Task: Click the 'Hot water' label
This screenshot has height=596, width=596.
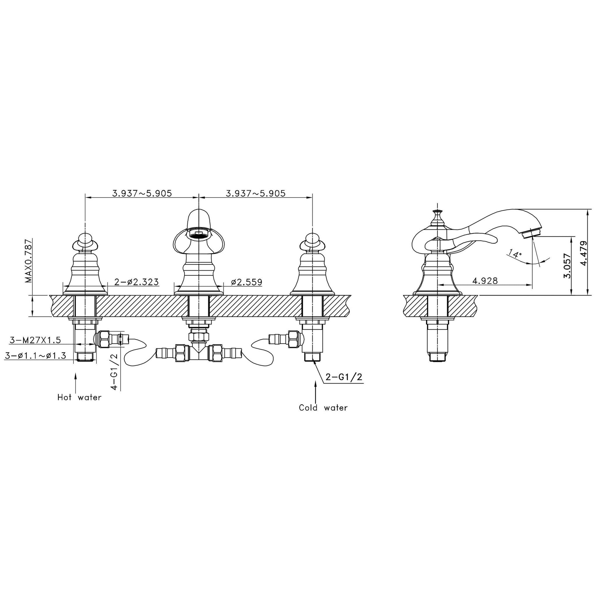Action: (79, 398)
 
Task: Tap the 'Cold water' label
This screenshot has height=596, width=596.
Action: (323, 408)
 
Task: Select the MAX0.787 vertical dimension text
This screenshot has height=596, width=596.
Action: (29, 261)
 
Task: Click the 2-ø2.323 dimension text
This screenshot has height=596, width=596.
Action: (136, 282)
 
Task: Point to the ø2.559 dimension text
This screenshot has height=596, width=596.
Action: (247, 282)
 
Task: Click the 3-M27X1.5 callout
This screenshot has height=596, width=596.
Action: (35, 340)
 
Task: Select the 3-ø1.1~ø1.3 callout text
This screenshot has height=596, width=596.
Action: (36, 356)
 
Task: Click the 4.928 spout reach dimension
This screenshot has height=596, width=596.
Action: (485, 281)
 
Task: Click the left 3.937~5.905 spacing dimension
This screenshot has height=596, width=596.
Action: (142, 194)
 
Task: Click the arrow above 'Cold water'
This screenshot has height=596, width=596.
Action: (315, 390)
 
